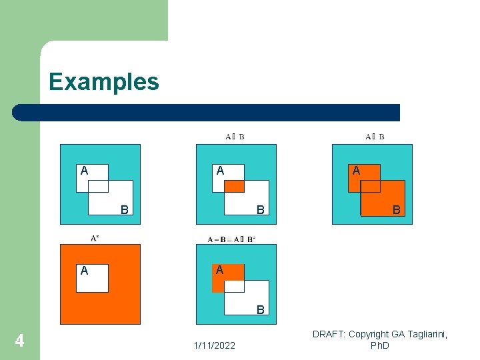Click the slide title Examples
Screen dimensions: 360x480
click(104, 82)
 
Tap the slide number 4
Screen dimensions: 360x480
click(20, 341)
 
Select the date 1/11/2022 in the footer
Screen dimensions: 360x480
click(214, 345)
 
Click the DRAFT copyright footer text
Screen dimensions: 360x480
click(380, 339)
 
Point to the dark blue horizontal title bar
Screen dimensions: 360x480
click(207, 113)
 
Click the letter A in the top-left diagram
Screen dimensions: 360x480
click(84, 171)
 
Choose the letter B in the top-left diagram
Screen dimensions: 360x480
click(124, 210)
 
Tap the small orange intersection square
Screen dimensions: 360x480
click(234, 186)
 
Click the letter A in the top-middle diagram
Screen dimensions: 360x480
click(220, 171)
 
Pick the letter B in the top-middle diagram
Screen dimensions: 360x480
click(261, 210)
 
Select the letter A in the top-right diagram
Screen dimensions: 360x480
click(356, 171)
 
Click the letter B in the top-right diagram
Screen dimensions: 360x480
click(397, 210)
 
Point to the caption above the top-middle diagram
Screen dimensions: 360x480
click(235, 137)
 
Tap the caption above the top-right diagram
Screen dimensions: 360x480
click(375, 137)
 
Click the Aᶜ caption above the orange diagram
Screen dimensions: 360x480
click(96, 237)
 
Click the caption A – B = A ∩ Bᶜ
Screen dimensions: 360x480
click(231, 238)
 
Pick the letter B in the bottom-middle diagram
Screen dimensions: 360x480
click(261, 310)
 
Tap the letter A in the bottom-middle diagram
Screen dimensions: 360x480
click(219, 271)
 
